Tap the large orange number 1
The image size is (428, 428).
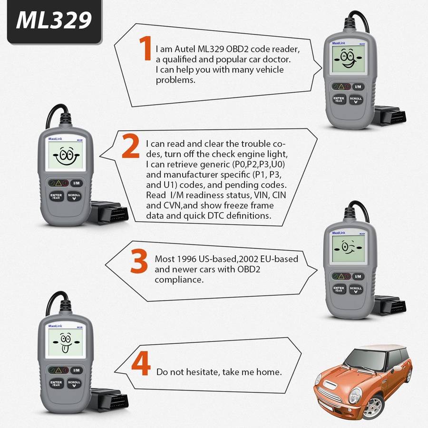click(x=146, y=49)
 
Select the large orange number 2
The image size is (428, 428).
click(x=130, y=146)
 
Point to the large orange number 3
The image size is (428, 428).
click(x=139, y=261)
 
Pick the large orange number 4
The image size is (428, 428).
click(x=141, y=363)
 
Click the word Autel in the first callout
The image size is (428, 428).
click(x=185, y=49)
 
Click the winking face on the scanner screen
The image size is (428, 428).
click(x=348, y=248)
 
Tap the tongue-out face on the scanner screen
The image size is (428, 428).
click(x=66, y=342)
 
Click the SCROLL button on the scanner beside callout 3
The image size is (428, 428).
click(x=356, y=290)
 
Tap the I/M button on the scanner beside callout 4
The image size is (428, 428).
click(x=77, y=370)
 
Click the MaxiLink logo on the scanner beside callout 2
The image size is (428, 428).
click(x=55, y=139)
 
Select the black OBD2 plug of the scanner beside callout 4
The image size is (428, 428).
click(x=109, y=399)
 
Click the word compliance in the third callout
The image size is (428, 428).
click(x=179, y=280)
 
